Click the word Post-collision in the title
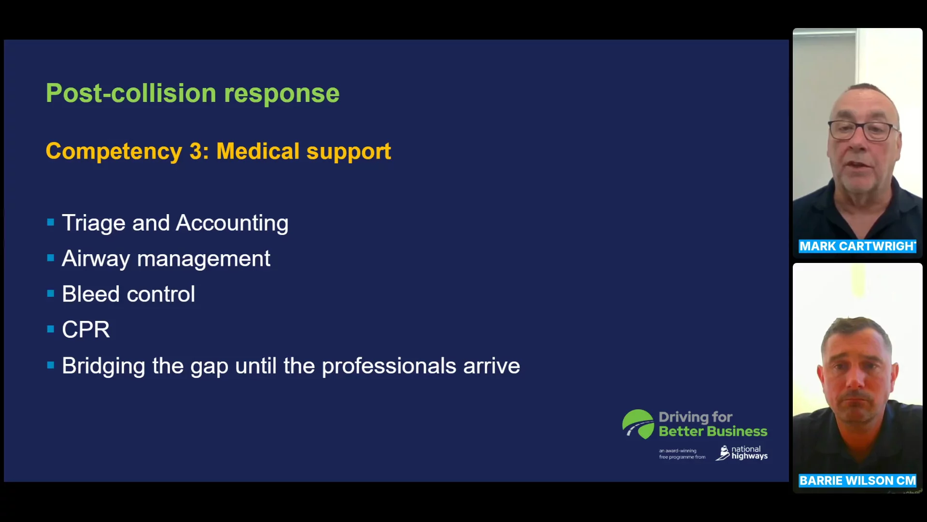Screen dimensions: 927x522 point(131,93)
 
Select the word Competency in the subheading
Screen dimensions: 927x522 point(114,152)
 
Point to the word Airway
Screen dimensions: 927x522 point(96,259)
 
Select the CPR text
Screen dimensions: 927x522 point(86,330)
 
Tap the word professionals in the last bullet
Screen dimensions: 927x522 point(389,366)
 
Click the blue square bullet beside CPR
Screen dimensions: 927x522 point(51,329)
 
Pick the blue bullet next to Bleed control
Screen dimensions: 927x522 point(51,293)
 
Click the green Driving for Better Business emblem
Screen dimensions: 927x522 point(638,424)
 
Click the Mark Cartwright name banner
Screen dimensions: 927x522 point(857,246)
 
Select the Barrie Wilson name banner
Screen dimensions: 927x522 point(857,480)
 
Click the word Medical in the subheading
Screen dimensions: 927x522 point(258,151)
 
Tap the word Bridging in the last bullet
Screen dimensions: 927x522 point(104,366)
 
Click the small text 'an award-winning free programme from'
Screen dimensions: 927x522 point(682,454)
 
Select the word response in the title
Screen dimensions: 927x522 point(282,94)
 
